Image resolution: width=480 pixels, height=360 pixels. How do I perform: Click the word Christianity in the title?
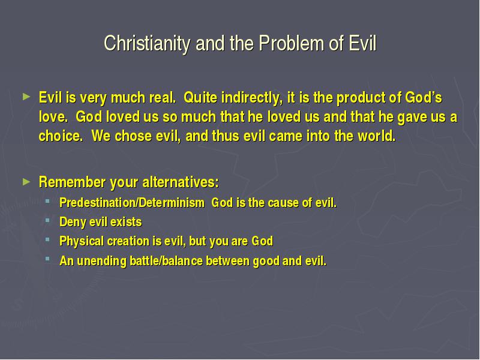click(x=147, y=43)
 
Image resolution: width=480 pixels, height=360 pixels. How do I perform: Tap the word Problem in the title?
click(x=292, y=43)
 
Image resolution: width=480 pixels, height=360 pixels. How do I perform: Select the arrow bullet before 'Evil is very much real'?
click(x=26, y=97)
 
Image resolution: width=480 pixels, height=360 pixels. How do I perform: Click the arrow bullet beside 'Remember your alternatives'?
click(x=26, y=182)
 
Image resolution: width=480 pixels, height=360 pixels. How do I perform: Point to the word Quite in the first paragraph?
click(x=200, y=98)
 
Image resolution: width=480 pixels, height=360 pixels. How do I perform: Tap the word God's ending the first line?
click(x=424, y=98)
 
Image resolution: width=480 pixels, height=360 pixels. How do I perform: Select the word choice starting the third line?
click(x=61, y=136)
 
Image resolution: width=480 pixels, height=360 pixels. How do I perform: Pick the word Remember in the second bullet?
click(x=72, y=182)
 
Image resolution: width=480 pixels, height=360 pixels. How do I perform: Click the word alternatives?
click(x=181, y=182)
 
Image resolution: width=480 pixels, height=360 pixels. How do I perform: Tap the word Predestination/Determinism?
click(x=132, y=203)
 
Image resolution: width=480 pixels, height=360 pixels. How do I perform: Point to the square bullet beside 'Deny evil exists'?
click(x=47, y=220)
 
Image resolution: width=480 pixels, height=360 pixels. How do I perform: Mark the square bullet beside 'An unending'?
click(x=47, y=259)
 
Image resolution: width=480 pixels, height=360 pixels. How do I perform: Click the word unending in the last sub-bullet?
click(x=101, y=261)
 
